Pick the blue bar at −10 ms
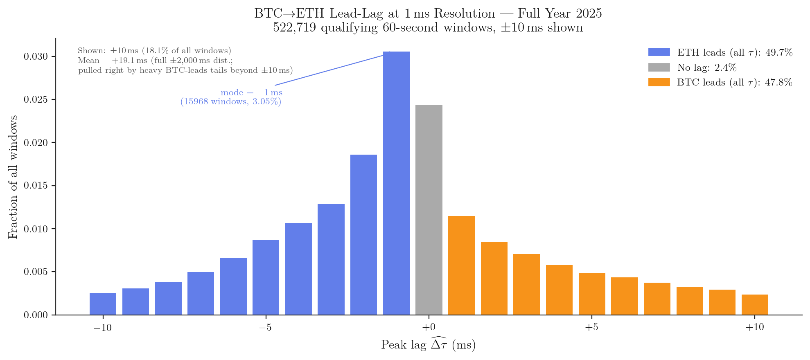point(103,304)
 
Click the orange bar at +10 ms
point(754,305)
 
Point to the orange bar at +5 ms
point(591,294)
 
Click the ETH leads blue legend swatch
point(659,52)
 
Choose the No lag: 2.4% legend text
point(706,67)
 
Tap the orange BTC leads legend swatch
point(659,82)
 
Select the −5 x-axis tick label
point(265,328)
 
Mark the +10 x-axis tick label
point(754,328)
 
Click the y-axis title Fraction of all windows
point(13,177)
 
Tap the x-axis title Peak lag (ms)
point(428,344)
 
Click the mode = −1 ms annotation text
point(251,93)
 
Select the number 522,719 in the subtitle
point(294,28)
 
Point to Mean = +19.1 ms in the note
point(113,61)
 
